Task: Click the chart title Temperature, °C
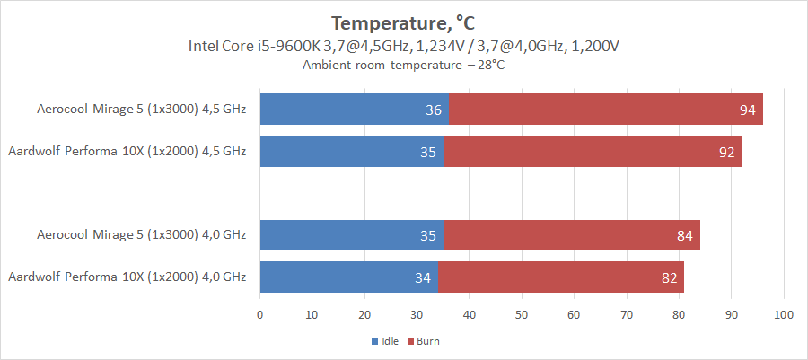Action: pos(403,22)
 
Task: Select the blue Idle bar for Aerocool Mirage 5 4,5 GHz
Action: pos(354,110)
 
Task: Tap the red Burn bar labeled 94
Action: pos(606,110)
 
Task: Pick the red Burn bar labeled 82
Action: pos(561,277)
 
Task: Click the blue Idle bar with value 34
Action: pos(348,277)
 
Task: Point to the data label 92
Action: pos(727,152)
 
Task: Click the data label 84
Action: pos(685,235)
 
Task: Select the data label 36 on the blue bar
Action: pos(434,110)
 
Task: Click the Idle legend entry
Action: pos(386,341)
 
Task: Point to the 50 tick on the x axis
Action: pos(522,315)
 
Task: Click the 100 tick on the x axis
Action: pos(784,315)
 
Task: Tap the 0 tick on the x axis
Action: pos(260,315)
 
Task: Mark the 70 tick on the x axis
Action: pos(627,315)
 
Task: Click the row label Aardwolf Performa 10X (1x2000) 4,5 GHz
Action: pos(127,152)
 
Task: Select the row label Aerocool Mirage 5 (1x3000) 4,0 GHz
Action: pos(141,235)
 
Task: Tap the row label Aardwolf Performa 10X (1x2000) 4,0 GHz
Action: pos(127,277)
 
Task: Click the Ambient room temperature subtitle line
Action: pos(403,65)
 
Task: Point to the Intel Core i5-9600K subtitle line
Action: pos(403,45)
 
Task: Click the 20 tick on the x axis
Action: pos(364,315)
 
